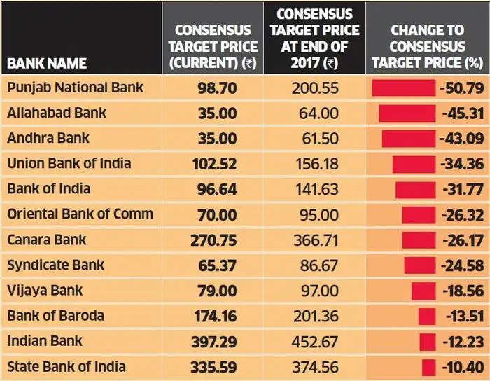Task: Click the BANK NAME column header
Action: click(x=47, y=63)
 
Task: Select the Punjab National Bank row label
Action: click(x=75, y=88)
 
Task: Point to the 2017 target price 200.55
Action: click(x=314, y=88)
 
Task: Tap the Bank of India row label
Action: click(x=48, y=189)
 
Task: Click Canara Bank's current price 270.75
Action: click(x=213, y=240)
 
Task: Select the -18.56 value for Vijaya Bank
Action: click(x=462, y=291)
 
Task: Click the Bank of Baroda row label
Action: click(x=51, y=315)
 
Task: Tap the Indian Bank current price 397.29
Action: click(x=213, y=342)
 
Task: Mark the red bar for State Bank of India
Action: click(x=428, y=367)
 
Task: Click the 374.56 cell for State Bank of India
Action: click(x=314, y=367)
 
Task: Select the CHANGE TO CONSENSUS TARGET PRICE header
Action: click(x=427, y=46)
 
